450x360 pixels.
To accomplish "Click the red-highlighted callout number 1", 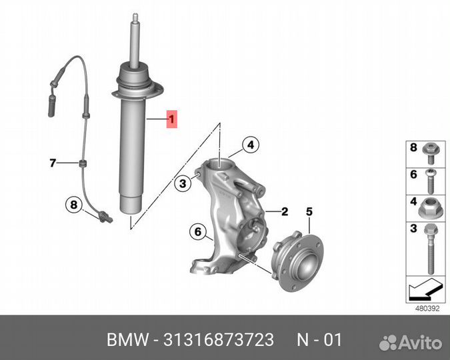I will coord(171,120).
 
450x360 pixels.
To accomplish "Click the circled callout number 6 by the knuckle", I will coord(198,232).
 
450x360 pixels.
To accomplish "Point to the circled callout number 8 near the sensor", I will coord(74,204).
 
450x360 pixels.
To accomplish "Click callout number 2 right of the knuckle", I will coord(285,212).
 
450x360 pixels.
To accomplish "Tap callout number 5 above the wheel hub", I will coord(309,211).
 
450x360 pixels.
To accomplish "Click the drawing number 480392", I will coord(427,308).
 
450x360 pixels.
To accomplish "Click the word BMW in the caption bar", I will coord(127,340).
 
